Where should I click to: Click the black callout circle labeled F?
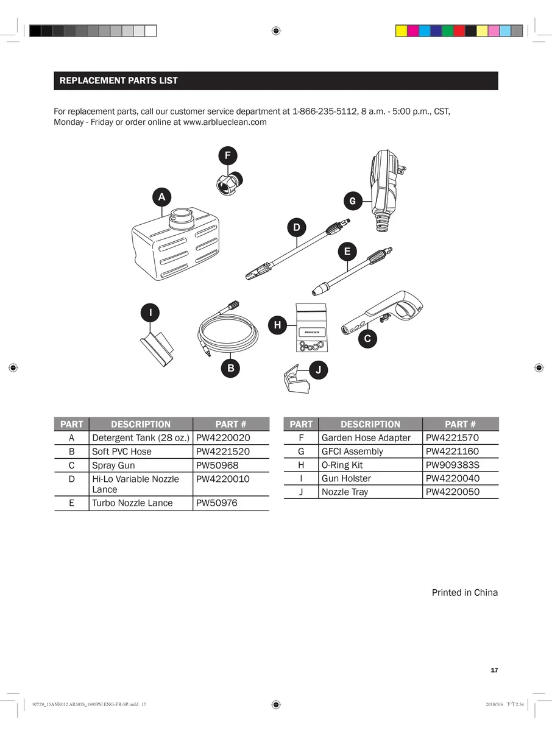[x=227, y=155]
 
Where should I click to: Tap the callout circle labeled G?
[x=352, y=200]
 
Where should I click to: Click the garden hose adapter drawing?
[x=230, y=181]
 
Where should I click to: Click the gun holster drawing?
[x=158, y=348]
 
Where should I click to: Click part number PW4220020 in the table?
[x=223, y=437]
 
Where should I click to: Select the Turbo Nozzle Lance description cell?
[x=132, y=503]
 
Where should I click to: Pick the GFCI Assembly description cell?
[x=352, y=451]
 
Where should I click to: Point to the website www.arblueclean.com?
[x=225, y=122]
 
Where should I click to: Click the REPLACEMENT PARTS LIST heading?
[x=119, y=80]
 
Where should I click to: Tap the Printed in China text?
[x=464, y=592]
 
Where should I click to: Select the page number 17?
[x=494, y=670]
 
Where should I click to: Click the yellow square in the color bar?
[x=402, y=31]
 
